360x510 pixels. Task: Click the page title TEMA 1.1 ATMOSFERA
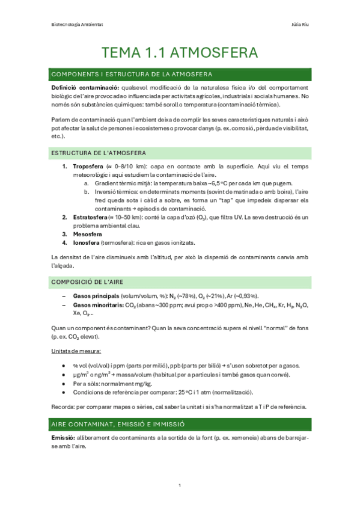pos(180,53)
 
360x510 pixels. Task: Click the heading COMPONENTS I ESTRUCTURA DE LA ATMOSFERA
pos(132,75)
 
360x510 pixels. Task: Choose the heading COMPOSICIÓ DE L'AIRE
pos(91,282)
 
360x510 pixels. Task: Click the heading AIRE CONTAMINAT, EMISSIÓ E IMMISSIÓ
pos(118,425)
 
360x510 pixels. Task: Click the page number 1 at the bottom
pos(180,486)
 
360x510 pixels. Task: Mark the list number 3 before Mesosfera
pos(65,234)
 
